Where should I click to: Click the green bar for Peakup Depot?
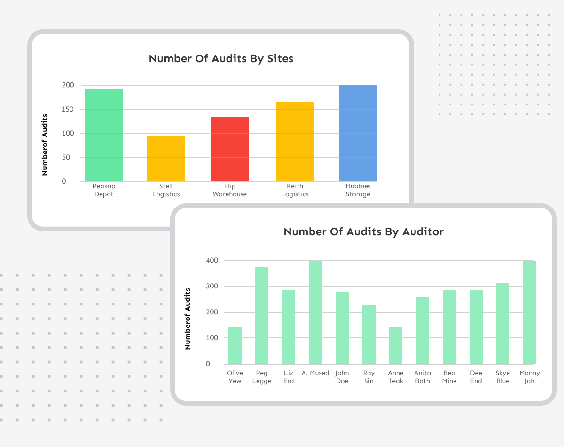pyautogui.click(x=104, y=135)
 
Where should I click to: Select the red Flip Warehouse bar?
pyautogui.click(x=230, y=149)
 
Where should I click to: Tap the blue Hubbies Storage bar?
pyautogui.click(x=358, y=133)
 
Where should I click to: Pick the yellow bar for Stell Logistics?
pyautogui.click(x=166, y=159)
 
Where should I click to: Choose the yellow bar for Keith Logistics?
pyautogui.click(x=295, y=141)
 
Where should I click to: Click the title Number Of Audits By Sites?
pyautogui.click(x=221, y=58)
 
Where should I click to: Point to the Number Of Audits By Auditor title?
pyautogui.click(x=363, y=231)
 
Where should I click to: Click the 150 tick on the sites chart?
pyautogui.click(x=68, y=109)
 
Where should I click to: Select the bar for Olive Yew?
pyautogui.click(x=235, y=345)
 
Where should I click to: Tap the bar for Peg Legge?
pyautogui.click(x=262, y=315)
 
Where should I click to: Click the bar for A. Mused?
pyautogui.click(x=315, y=312)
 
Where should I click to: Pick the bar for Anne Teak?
pyautogui.click(x=396, y=345)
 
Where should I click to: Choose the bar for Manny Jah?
pyautogui.click(x=530, y=312)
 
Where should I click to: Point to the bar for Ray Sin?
pyautogui.click(x=369, y=335)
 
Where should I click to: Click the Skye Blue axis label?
pyautogui.click(x=503, y=377)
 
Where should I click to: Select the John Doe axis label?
pyautogui.click(x=342, y=377)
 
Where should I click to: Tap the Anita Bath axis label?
pyautogui.click(x=423, y=377)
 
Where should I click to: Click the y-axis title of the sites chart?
pyautogui.click(x=45, y=144)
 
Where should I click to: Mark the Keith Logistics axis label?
pyautogui.click(x=295, y=190)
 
